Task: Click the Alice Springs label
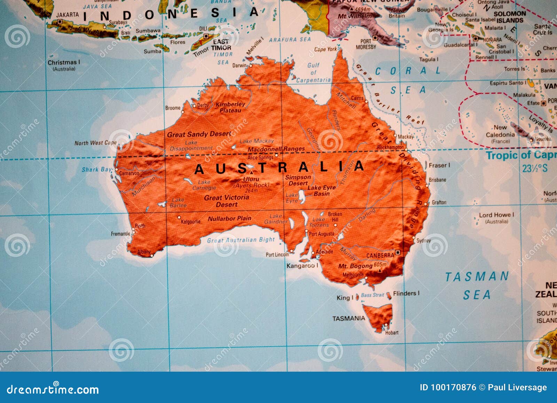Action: coord(260,158)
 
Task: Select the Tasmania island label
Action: coord(348,318)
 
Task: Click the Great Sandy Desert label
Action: coord(199,134)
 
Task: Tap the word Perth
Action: coord(140,226)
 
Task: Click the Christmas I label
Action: coord(64,63)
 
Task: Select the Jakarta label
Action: coord(68,15)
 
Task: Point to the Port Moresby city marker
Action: coord(375,37)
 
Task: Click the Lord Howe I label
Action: coord(496,215)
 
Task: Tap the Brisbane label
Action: coord(437,180)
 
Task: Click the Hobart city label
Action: coord(392,333)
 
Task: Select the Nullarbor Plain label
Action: coord(229,219)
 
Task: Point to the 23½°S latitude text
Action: coord(535,169)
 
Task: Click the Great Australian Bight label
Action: coord(241,240)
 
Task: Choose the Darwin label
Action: coord(240,65)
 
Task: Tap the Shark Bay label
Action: coord(97,170)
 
